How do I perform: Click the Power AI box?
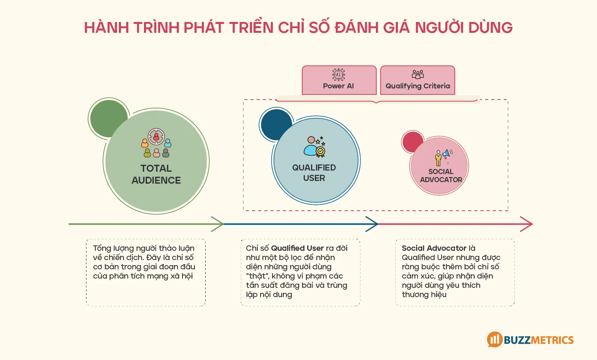tap(339, 80)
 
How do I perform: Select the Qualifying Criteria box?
tap(418, 80)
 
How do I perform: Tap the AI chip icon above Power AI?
tap(338, 74)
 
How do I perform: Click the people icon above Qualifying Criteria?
tap(418, 74)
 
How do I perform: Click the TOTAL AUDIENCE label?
tap(156, 174)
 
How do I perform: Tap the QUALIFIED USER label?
tap(314, 172)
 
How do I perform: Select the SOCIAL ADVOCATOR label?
tap(441, 176)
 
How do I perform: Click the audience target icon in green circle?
tap(156, 143)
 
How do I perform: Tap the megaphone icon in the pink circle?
tap(443, 157)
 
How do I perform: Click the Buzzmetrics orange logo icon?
tap(494, 340)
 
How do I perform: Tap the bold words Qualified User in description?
tap(297, 248)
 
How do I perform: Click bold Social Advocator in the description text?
tap(434, 248)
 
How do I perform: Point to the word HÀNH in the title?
tap(107, 28)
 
